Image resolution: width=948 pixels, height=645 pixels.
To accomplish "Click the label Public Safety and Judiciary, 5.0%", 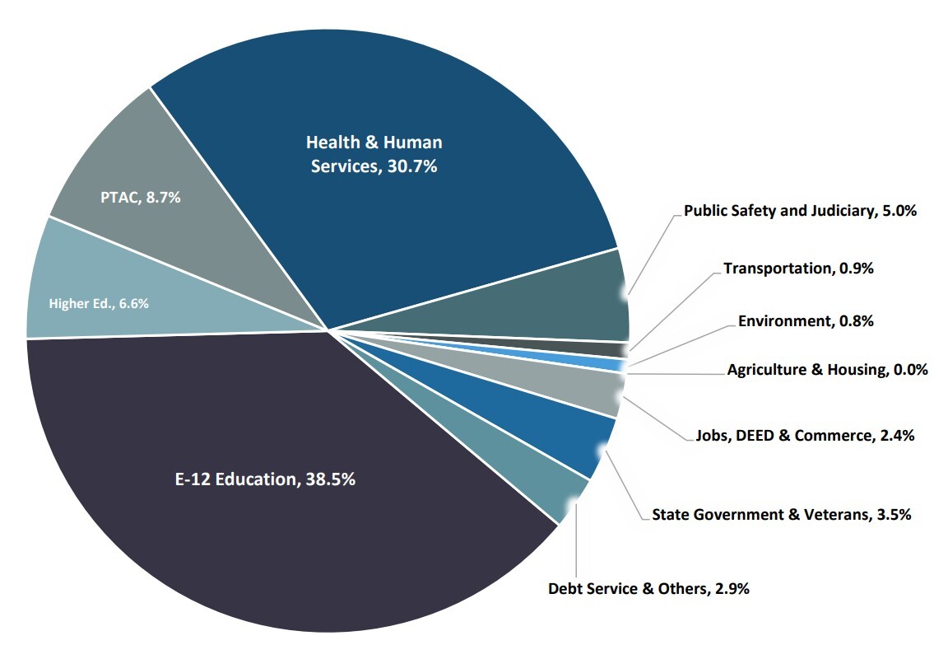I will [800, 211].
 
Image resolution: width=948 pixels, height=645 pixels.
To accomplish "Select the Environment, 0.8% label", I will [806, 320].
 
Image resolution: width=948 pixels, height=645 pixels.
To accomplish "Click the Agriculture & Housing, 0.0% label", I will [827, 370].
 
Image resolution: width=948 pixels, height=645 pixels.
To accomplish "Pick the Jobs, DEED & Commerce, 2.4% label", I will [806, 434].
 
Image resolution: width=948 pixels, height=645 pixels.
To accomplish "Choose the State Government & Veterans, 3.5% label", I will [781, 515].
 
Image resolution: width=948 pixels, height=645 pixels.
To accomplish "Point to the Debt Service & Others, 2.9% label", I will [648, 588].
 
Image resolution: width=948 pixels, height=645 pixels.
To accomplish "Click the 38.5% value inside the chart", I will [328, 479].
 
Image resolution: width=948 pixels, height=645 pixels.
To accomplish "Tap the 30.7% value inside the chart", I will [408, 166].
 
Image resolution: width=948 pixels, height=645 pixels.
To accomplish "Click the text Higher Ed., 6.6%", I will [99, 303].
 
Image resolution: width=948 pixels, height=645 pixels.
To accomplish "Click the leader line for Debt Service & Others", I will [575, 544].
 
